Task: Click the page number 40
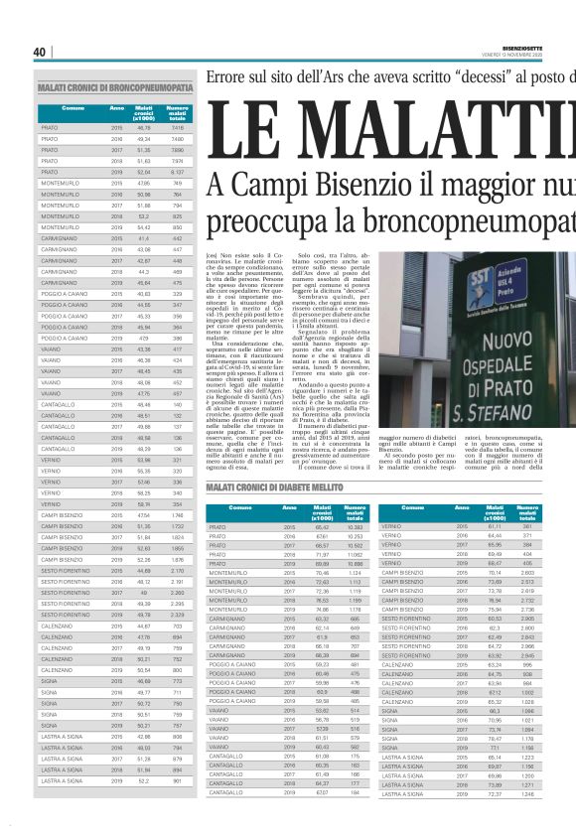pos(40,53)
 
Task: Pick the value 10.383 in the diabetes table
pos(353,527)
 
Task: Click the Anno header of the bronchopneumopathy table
pos(116,108)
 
